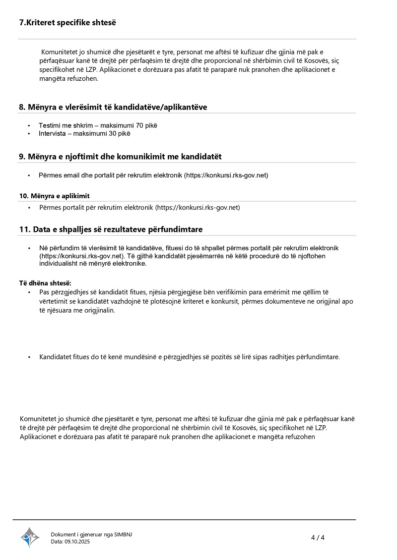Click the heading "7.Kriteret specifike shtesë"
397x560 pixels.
[x=67, y=23]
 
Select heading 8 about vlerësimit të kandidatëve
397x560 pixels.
[x=113, y=107]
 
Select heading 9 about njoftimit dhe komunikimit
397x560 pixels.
[x=120, y=157]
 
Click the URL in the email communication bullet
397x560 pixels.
[x=226, y=175]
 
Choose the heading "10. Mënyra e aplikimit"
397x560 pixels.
[x=55, y=196]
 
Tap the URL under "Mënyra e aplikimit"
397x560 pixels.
[x=198, y=208]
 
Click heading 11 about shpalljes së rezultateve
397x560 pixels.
[x=111, y=229]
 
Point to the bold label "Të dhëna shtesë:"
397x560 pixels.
[x=45, y=283]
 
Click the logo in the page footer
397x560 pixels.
[x=30, y=537]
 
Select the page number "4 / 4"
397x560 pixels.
[x=318, y=538]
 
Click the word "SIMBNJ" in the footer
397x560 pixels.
[x=123, y=534]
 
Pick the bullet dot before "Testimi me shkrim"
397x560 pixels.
[x=29, y=126]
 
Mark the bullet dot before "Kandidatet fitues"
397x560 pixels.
[x=29, y=357]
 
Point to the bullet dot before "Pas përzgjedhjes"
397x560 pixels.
[x=29, y=292]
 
